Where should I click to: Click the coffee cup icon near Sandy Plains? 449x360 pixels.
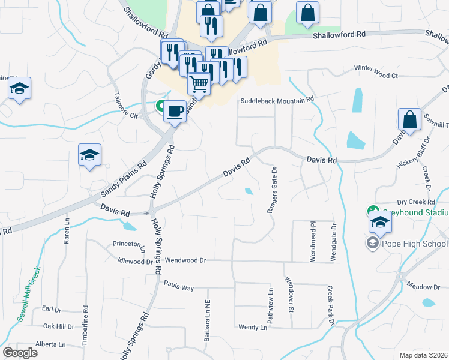175,112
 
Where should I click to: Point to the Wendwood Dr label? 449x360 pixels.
185,261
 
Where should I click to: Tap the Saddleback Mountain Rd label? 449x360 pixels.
277,101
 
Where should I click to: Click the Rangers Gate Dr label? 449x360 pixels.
270,190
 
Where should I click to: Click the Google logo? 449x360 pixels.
20,353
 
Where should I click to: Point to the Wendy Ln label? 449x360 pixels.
252,328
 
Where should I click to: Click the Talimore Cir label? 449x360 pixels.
125,101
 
